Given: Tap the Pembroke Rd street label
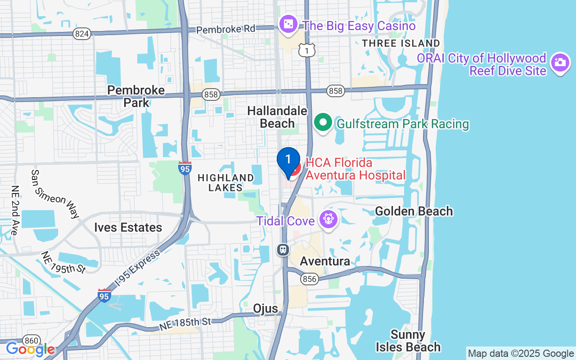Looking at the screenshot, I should click(226, 29).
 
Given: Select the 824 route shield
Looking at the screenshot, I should click(82, 33).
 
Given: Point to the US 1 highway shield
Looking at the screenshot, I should click(307, 51).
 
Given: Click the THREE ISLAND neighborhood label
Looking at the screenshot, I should click(401, 43).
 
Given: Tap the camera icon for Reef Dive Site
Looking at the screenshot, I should click(560, 63).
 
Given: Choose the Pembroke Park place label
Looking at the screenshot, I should click(136, 96).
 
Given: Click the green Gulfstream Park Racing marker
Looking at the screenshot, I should click(323, 122).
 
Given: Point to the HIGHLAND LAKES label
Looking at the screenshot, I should click(226, 183).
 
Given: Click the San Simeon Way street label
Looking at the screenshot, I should click(55, 193).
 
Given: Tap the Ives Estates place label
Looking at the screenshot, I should click(128, 227).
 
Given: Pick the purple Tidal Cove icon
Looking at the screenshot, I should click(329, 220).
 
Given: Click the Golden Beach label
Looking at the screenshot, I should click(414, 211).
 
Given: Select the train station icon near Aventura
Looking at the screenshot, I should click(283, 249).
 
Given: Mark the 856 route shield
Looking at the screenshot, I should click(310, 279).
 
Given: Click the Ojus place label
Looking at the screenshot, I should click(265, 308).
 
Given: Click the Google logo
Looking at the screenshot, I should click(31, 349).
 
